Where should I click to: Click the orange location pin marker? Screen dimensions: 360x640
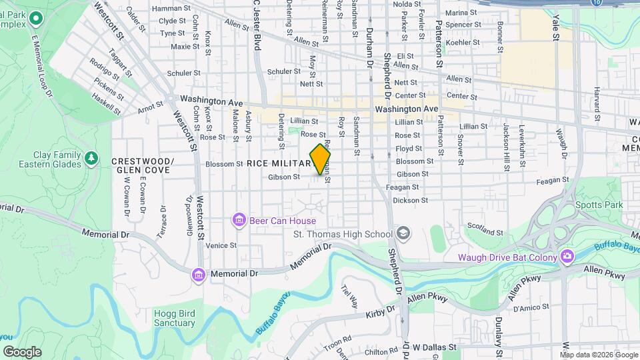pyautogui.click(x=321, y=159)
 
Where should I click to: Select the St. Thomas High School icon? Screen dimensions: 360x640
pyautogui.click(x=402, y=233)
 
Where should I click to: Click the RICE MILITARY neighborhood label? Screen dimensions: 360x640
pyautogui.click(x=277, y=163)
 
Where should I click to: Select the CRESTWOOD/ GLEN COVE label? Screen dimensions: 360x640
pyautogui.click(x=143, y=165)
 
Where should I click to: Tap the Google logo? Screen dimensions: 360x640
pyautogui.click(x=22, y=352)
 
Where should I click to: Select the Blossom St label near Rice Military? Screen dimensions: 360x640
pyautogui.click(x=224, y=164)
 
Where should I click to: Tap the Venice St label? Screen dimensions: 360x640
pyautogui.click(x=221, y=245)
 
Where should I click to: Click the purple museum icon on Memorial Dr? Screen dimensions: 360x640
pyautogui.click(x=198, y=274)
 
